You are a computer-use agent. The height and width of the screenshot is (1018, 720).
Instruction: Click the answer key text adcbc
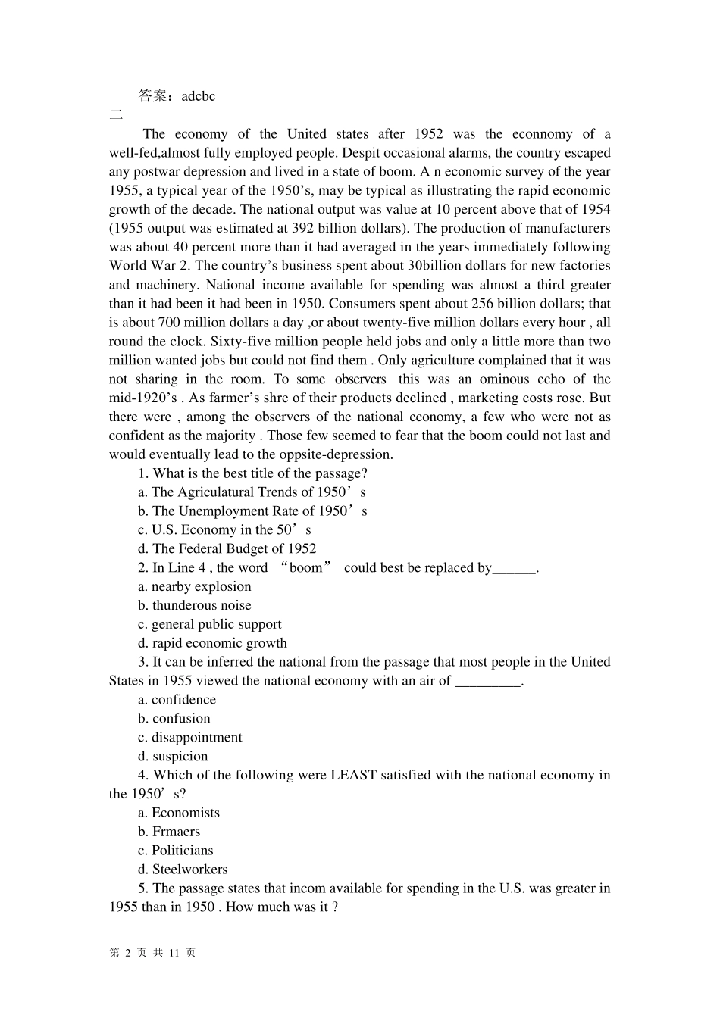(x=199, y=96)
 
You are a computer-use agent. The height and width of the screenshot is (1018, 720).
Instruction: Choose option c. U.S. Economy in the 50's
(x=224, y=530)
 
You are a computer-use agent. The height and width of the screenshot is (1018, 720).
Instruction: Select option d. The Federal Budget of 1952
(x=227, y=549)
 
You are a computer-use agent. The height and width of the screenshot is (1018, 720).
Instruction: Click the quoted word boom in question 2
(x=305, y=568)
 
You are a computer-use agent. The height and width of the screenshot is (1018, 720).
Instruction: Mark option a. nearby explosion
(x=195, y=587)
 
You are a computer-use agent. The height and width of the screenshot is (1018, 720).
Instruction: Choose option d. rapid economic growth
(x=212, y=644)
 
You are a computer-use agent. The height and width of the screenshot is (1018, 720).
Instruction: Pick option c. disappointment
(x=189, y=738)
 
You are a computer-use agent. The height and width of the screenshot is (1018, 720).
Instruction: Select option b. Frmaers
(x=169, y=832)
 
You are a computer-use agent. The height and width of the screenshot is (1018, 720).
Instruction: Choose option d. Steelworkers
(x=183, y=870)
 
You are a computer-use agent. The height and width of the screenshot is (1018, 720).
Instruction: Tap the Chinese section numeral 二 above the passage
(x=115, y=115)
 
